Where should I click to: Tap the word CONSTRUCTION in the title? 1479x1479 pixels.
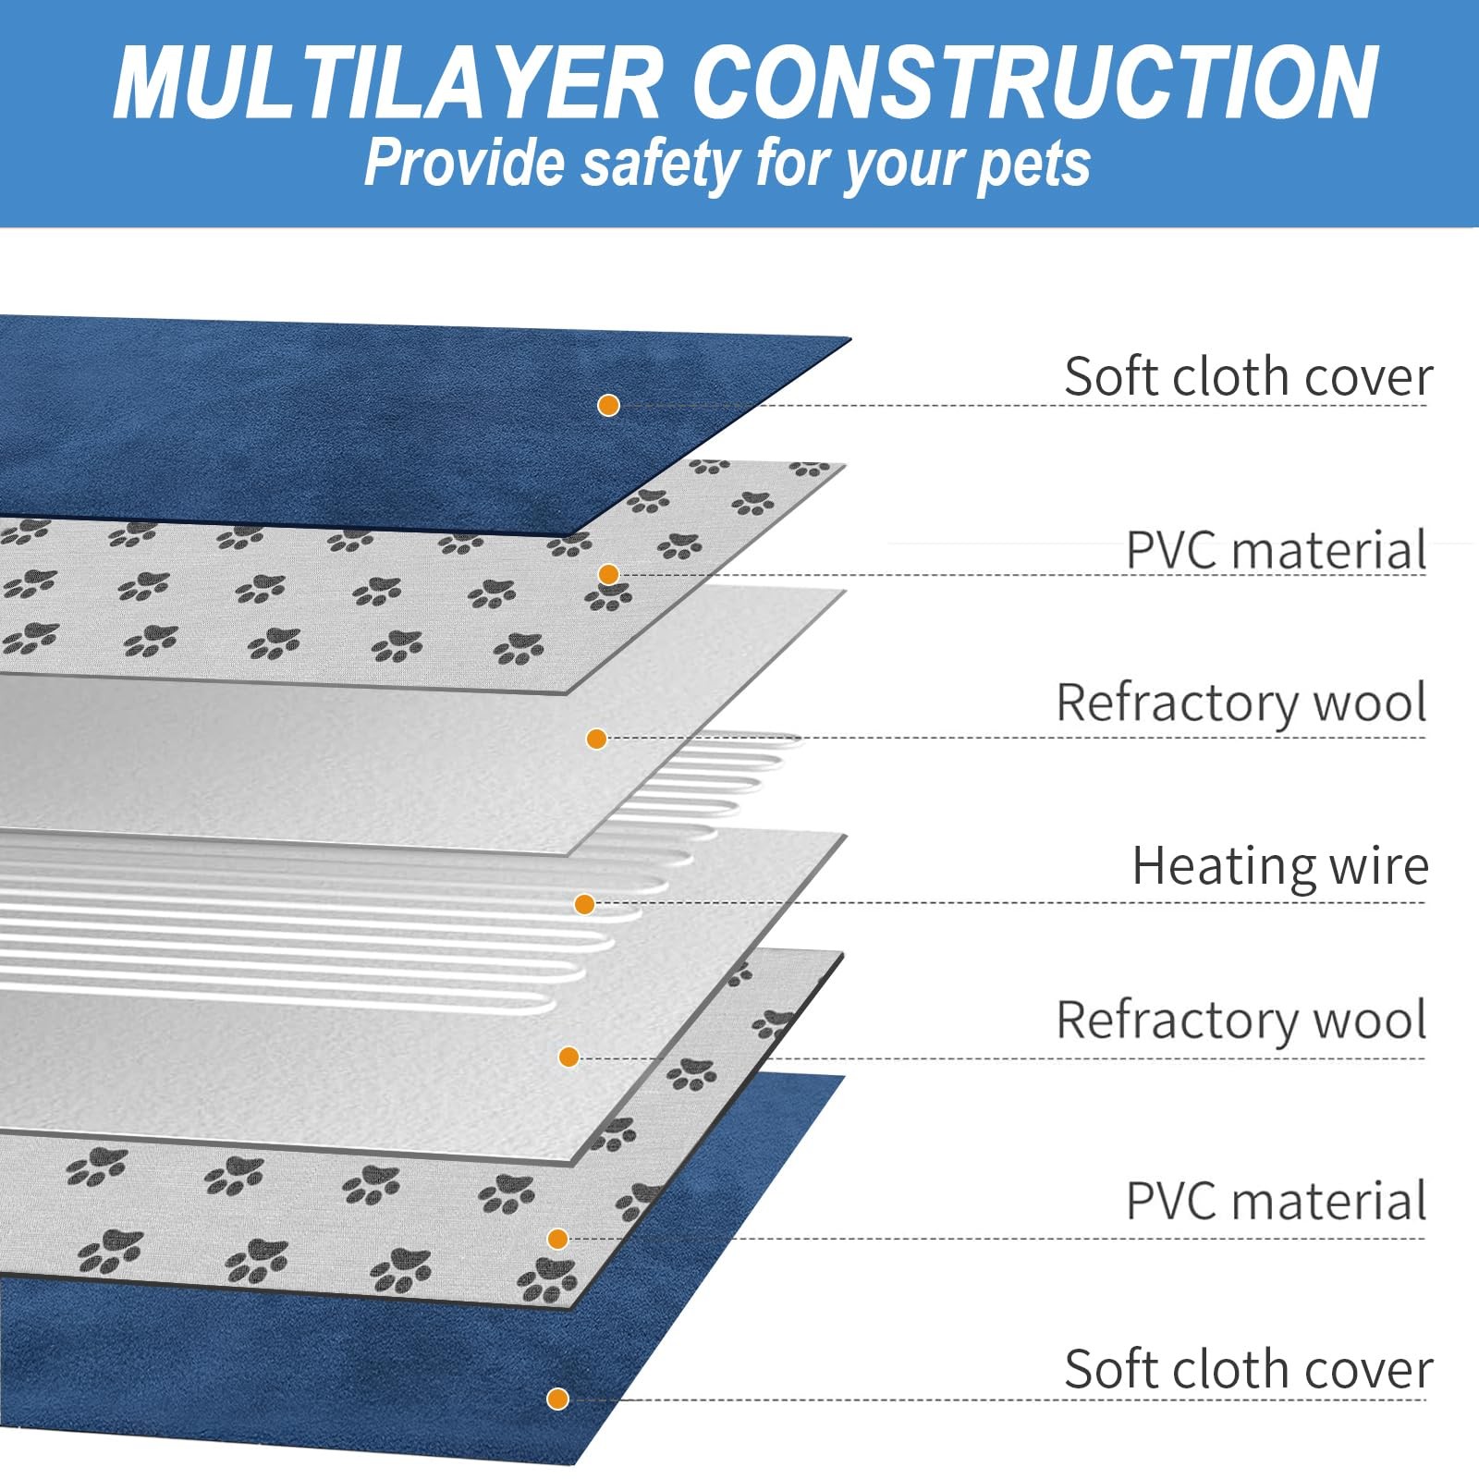(x=1034, y=83)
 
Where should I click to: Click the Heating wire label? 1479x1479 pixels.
(x=1280, y=867)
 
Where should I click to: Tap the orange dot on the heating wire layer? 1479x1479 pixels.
(x=584, y=904)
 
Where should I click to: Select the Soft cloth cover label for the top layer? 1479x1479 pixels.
(x=1248, y=377)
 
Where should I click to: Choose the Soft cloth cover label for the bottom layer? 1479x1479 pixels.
(x=1248, y=1369)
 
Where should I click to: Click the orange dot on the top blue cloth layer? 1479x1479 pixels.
(x=608, y=405)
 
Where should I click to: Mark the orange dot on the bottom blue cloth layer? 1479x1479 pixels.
(x=557, y=1399)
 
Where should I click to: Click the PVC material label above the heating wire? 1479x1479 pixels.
(x=1277, y=551)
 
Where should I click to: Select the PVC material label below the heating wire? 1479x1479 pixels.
(x=1277, y=1202)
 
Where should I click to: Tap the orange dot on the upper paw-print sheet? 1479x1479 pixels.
(x=608, y=574)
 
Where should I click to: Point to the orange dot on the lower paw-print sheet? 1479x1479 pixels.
(x=557, y=1239)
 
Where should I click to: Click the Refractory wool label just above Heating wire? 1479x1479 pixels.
(x=1241, y=703)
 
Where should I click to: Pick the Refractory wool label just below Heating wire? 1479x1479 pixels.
(x=1241, y=1021)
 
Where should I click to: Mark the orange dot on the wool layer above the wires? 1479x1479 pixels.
(x=596, y=739)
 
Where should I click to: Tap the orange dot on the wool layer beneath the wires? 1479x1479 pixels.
(x=569, y=1057)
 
